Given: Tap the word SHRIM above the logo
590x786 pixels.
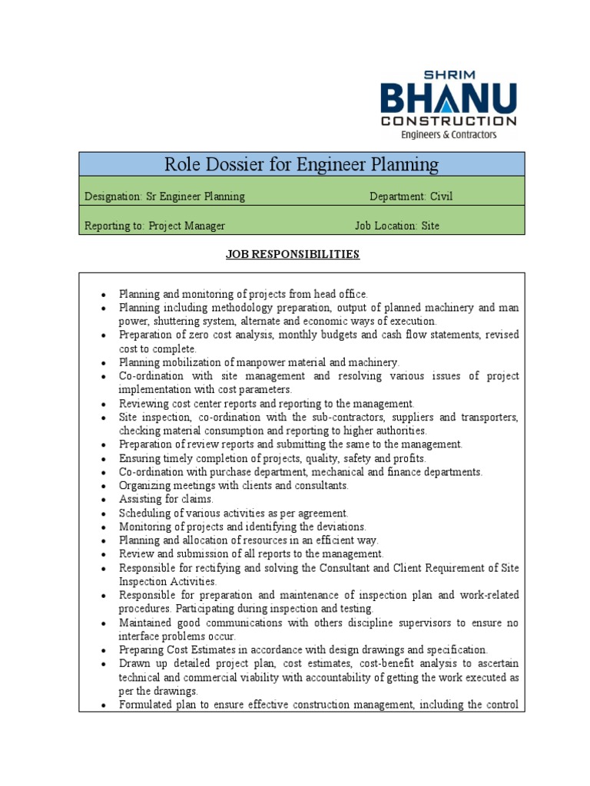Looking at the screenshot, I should click(x=458, y=74).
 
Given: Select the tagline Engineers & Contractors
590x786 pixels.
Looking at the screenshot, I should click(x=449, y=134).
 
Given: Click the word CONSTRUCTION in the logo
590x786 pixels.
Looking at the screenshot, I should click(x=449, y=121).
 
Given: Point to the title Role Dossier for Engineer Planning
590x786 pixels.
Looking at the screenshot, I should click(x=301, y=164).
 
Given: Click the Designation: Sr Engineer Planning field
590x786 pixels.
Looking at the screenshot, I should click(x=164, y=196).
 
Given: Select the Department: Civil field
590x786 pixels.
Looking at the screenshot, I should click(x=411, y=196).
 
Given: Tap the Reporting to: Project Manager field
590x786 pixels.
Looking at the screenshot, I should click(x=154, y=226).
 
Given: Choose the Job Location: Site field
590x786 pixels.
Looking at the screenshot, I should click(x=397, y=226).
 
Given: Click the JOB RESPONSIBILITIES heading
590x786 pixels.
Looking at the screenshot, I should click(x=292, y=254).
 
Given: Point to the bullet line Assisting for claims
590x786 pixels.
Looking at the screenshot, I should click(x=166, y=499).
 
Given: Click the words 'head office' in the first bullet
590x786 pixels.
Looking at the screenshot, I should click(x=340, y=294).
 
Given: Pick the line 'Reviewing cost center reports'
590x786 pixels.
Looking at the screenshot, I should click(x=267, y=403).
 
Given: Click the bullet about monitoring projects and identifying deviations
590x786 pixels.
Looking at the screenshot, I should click(x=243, y=527).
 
